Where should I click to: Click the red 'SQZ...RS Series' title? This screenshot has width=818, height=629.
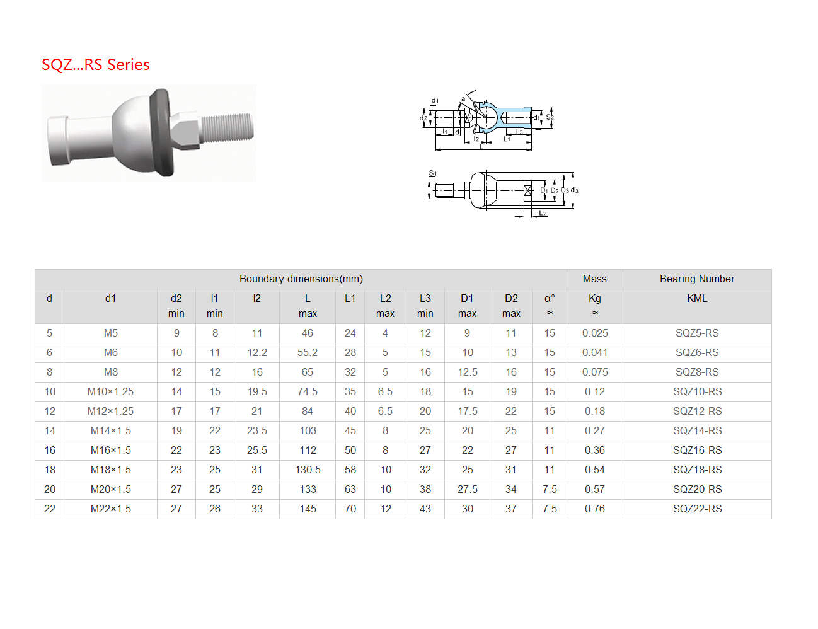(96, 65)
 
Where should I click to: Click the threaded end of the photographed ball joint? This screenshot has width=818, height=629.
(228, 128)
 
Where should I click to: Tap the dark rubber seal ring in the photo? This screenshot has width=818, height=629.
(162, 132)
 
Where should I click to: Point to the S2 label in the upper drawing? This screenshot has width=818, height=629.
(550, 117)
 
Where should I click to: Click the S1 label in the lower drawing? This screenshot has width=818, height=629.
(432, 173)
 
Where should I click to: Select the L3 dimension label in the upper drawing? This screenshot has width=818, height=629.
(519, 132)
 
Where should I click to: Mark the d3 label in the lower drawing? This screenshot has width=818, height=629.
(575, 190)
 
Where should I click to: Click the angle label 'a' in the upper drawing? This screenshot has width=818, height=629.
(463, 98)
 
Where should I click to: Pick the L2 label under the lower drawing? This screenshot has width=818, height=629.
(543, 213)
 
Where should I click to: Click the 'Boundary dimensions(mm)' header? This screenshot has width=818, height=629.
(301, 279)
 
